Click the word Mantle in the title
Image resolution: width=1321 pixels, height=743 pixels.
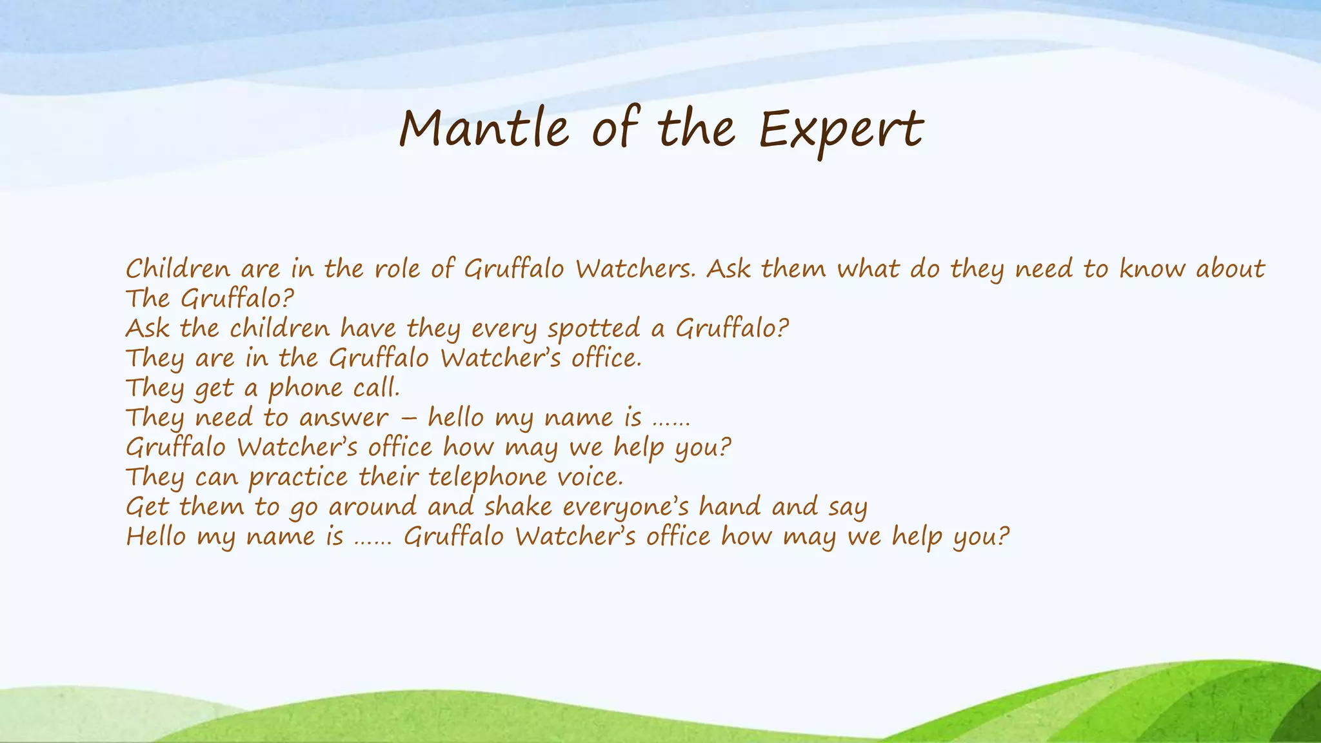484,128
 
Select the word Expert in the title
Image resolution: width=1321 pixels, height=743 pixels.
840,129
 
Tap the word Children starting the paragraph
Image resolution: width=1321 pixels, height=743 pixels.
177,268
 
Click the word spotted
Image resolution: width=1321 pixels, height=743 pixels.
593,328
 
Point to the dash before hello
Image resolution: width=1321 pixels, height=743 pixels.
408,418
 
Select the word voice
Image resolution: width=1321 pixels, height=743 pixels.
590,477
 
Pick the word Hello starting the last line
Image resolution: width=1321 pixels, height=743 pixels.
155,536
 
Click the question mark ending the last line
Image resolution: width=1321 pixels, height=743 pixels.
1002,536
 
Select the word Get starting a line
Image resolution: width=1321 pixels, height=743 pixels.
146,506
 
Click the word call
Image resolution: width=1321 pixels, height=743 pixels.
377,388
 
